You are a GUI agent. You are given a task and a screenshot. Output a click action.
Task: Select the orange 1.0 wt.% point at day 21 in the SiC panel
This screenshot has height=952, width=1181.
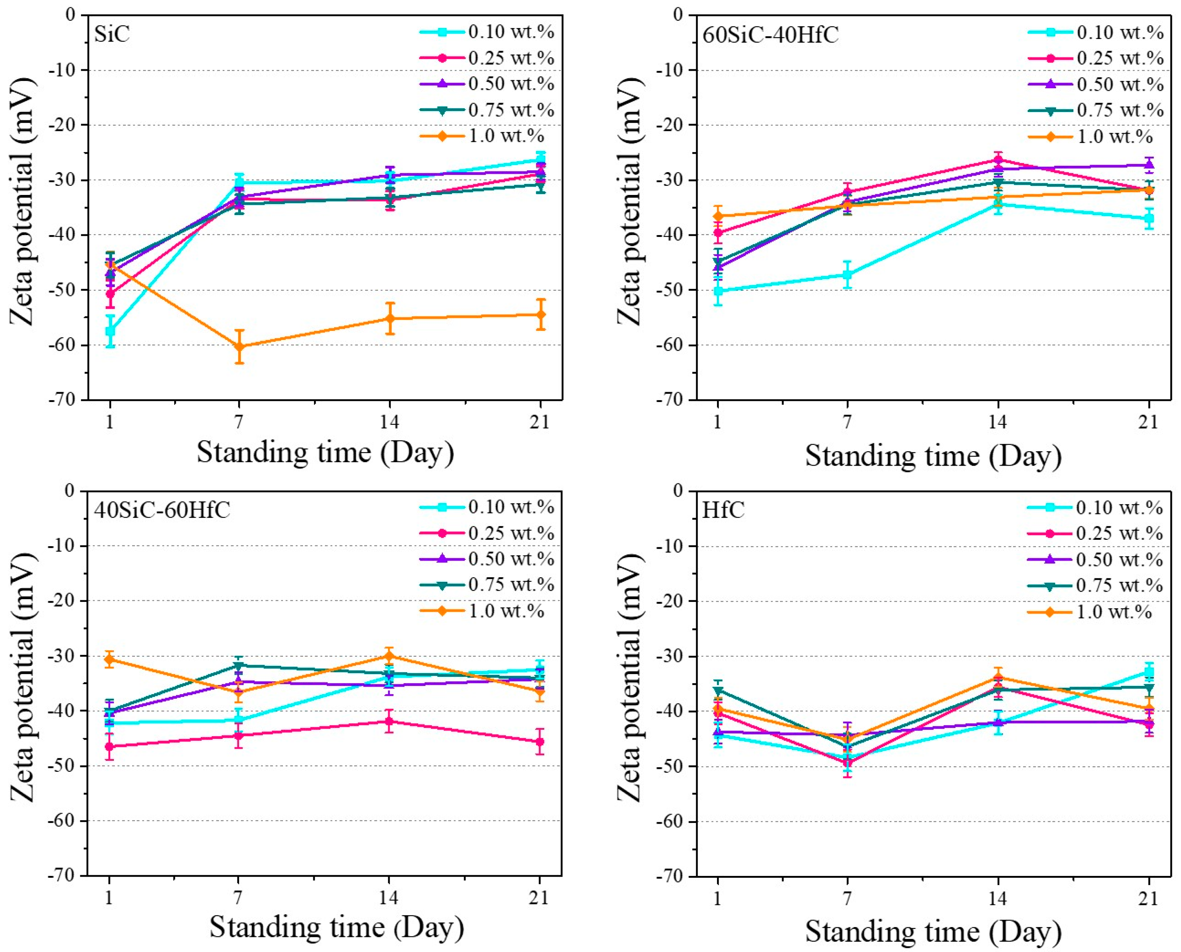pyautogui.click(x=541, y=314)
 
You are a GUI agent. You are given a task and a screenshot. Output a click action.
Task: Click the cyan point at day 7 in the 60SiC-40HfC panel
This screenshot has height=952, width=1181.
pyautogui.click(x=847, y=274)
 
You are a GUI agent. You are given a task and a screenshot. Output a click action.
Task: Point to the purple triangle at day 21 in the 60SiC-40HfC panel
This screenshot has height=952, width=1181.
pyautogui.click(x=1149, y=165)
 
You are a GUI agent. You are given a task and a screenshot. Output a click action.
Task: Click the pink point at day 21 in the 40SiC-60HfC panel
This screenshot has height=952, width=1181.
pyautogui.click(x=540, y=742)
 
